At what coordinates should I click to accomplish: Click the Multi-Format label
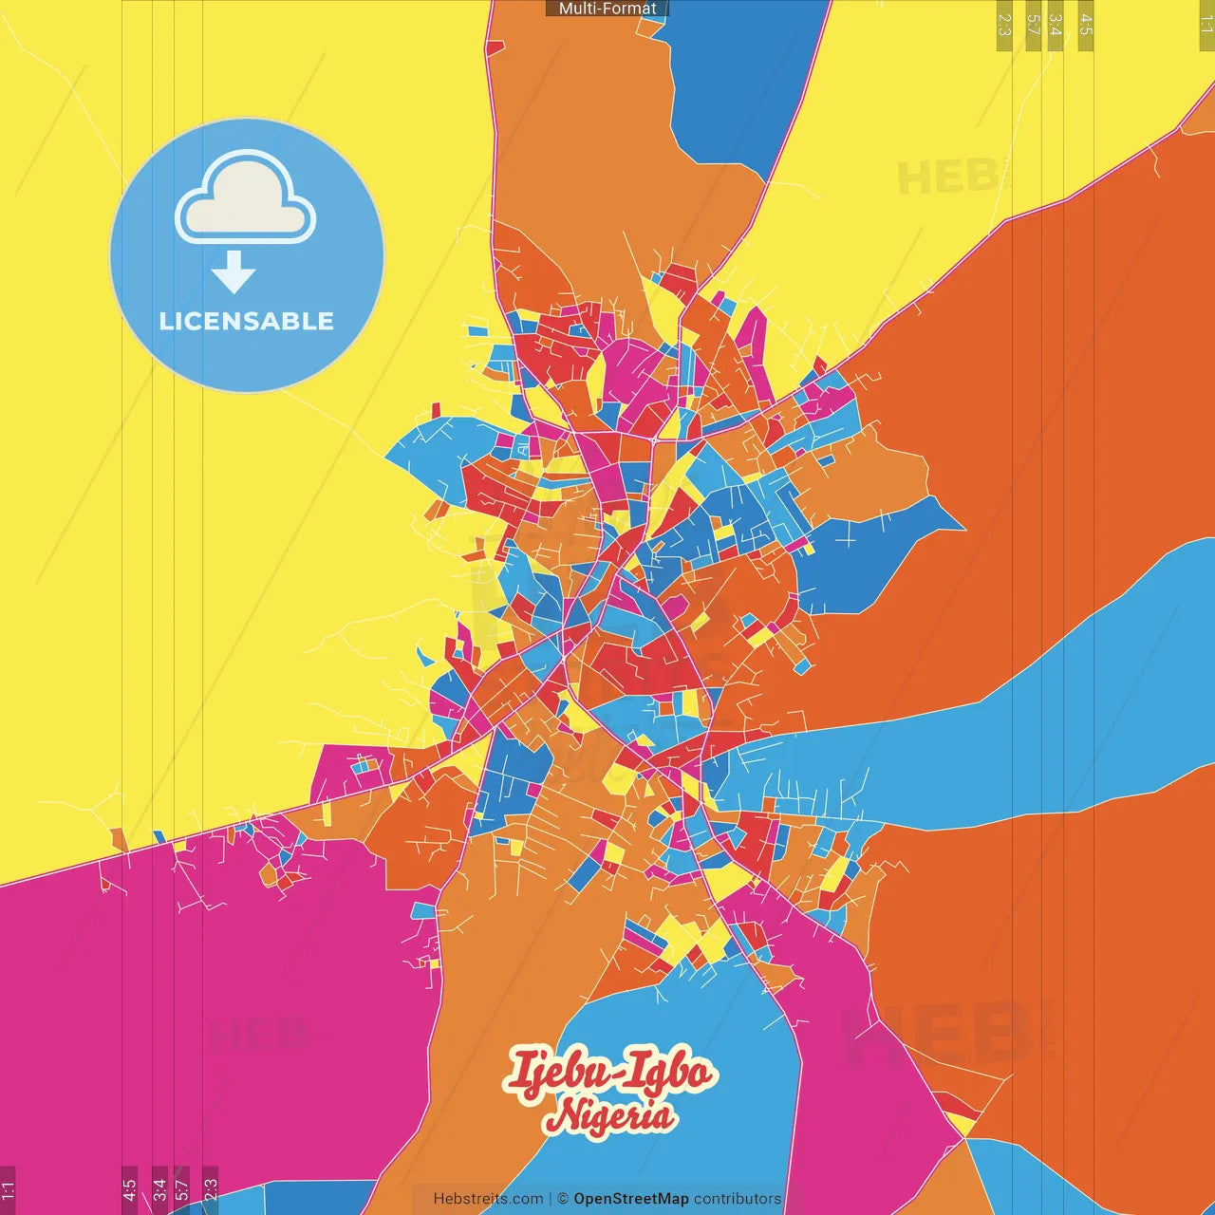click(x=607, y=9)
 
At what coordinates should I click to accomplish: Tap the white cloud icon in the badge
click(x=245, y=199)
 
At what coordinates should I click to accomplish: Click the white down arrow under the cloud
click(x=234, y=273)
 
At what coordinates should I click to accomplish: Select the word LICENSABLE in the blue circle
click(x=246, y=321)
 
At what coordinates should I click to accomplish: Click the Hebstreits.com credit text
click(x=488, y=1199)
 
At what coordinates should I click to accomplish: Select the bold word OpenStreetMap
click(x=631, y=1199)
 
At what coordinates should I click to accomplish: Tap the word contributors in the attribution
click(x=738, y=1199)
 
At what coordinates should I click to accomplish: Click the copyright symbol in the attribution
click(x=563, y=1199)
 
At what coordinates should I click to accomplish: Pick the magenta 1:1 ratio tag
click(x=8, y=1189)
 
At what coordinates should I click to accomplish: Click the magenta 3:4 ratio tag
click(x=159, y=1189)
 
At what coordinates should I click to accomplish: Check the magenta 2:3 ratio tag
click(x=211, y=1189)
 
